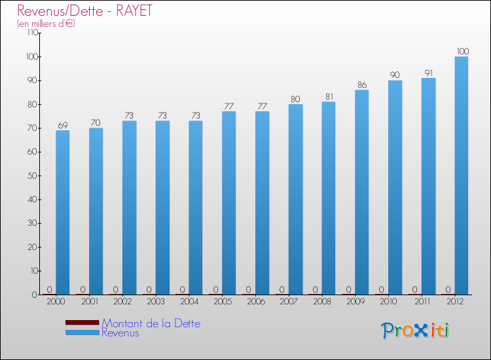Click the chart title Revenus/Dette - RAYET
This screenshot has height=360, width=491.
(84, 11)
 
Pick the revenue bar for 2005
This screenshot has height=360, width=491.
(228, 203)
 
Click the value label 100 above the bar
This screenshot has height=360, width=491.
(462, 51)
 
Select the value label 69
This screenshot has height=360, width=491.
(63, 124)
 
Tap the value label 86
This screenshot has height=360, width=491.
(362, 84)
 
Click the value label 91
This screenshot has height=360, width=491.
(428, 73)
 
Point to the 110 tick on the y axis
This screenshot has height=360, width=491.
(29, 33)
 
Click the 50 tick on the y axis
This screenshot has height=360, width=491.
(31, 176)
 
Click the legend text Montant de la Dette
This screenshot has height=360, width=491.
(151, 323)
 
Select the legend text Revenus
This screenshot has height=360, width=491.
(120, 333)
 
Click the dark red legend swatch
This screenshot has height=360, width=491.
(82, 323)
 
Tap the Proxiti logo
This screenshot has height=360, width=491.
(415, 331)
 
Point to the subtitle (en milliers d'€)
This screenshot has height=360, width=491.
(46, 24)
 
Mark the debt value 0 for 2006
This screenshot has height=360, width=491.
(248, 289)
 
